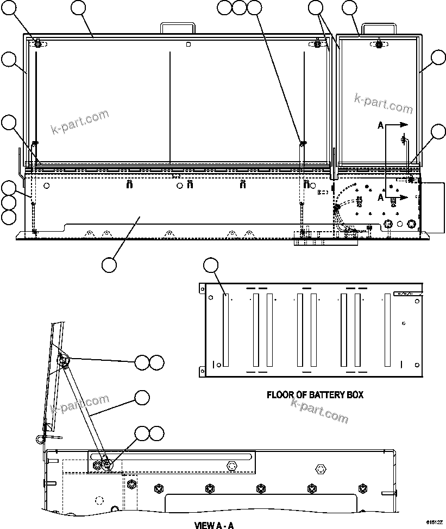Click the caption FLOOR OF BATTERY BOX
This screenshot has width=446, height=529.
tap(315, 394)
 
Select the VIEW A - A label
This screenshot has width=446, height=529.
tap(214, 525)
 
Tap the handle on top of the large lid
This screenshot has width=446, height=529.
tap(177, 27)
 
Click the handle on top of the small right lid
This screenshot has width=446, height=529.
tap(378, 27)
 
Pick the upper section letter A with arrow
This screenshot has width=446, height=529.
tap(381, 125)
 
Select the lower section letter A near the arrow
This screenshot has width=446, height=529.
tap(381, 198)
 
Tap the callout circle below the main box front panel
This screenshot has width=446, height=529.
tap(109, 265)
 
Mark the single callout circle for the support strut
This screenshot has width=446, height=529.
tap(142, 397)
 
